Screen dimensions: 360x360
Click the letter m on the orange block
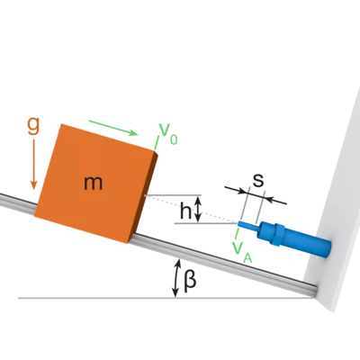pos(94,183)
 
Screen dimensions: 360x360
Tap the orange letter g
pos(33,125)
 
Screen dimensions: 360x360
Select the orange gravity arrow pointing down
pos(33,165)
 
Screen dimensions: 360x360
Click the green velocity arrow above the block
pos(113,128)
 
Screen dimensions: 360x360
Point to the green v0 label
pos(168,134)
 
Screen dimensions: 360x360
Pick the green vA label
pos(242,253)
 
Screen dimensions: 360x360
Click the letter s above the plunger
pos(258,180)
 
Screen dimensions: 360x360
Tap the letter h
pos(185,211)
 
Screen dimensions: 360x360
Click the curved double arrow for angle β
pos(177,278)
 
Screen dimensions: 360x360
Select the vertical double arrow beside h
pos(198,209)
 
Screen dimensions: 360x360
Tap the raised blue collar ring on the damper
pos(279,235)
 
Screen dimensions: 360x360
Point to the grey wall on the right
pos(334,204)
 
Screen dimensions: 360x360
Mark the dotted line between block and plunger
pos(191,209)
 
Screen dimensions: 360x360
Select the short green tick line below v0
pos(157,143)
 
